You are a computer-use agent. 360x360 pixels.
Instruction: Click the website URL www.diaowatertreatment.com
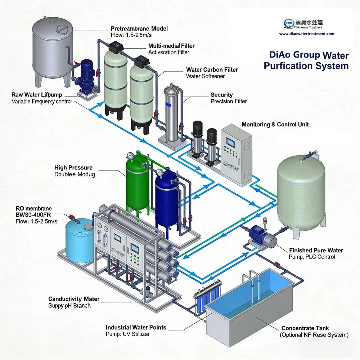(306, 34)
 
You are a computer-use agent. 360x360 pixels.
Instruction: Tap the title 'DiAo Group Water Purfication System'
(306, 60)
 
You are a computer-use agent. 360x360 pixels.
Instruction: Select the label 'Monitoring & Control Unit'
(275, 124)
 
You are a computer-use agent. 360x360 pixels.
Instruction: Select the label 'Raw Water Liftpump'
(37, 95)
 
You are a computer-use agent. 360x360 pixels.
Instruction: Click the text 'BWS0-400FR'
(34, 215)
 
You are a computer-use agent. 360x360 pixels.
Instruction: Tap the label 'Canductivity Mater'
(74, 299)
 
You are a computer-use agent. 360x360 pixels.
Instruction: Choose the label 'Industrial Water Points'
(136, 327)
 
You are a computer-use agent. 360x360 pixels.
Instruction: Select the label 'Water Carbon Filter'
(212, 69)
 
